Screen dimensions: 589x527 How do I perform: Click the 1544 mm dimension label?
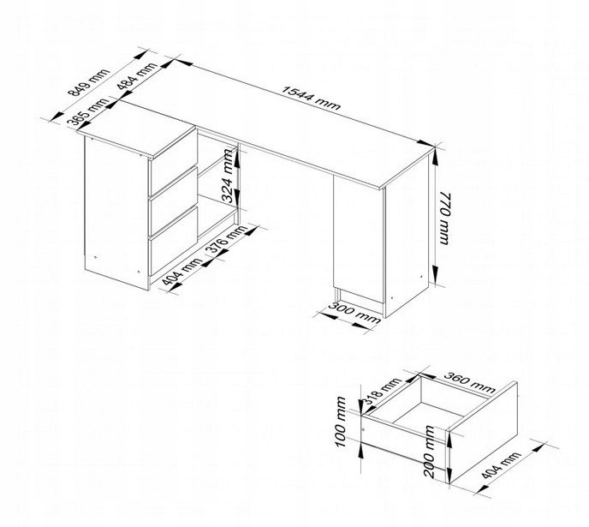point(312,98)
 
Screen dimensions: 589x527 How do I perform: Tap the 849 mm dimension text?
point(89,82)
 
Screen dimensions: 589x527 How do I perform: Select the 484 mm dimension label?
point(137,76)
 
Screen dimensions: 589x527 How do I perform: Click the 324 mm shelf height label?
point(228,176)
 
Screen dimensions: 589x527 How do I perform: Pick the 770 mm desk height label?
point(444,219)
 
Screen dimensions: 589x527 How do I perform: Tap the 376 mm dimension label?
point(227,241)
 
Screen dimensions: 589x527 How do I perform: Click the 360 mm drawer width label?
point(470,381)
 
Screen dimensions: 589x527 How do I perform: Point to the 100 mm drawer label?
point(341,422)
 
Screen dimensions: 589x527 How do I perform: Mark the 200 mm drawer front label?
point(429,452)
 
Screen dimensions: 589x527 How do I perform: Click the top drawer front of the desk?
point(173,163)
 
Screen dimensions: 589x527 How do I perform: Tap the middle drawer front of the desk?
point(173,202)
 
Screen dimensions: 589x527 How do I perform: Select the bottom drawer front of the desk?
point(173,242)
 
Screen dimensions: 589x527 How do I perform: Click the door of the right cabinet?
point(359,239)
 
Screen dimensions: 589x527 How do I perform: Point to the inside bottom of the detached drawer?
point(429,416)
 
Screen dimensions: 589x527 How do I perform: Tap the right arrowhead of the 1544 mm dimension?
point(425,144)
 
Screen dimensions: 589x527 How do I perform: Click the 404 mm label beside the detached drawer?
point(502,465)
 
